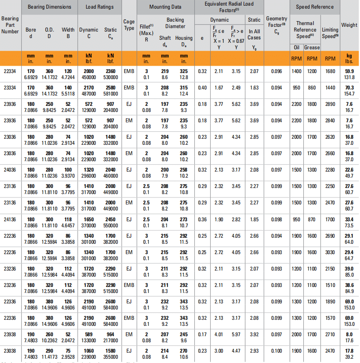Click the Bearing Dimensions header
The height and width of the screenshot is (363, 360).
(49, 7)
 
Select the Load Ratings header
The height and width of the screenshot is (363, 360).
(99, 7)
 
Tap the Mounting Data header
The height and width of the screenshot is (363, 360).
(165, 7)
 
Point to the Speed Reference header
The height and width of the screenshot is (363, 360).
(315, 7)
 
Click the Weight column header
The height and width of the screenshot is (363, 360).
(349, 25)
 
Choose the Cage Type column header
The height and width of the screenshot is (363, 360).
(129, 25)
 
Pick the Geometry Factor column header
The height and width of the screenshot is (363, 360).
(276, 25)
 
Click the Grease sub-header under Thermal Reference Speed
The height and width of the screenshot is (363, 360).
(312, 48)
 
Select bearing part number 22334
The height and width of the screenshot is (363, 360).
(10, 71)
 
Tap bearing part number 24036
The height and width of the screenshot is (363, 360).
(10, 170)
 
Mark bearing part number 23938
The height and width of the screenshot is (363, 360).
(10, 334)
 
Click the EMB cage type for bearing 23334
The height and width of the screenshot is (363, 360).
(129, 88)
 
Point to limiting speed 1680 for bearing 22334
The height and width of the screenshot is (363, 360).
(330, 71)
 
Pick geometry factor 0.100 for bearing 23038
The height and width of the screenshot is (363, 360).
(276, 350)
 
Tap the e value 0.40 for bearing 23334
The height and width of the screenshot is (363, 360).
(202, 88)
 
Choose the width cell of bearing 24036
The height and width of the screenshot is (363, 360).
(68, 172)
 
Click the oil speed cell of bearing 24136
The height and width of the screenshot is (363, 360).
(296, 219)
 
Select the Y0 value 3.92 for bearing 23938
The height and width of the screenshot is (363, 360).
(254, 334)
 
